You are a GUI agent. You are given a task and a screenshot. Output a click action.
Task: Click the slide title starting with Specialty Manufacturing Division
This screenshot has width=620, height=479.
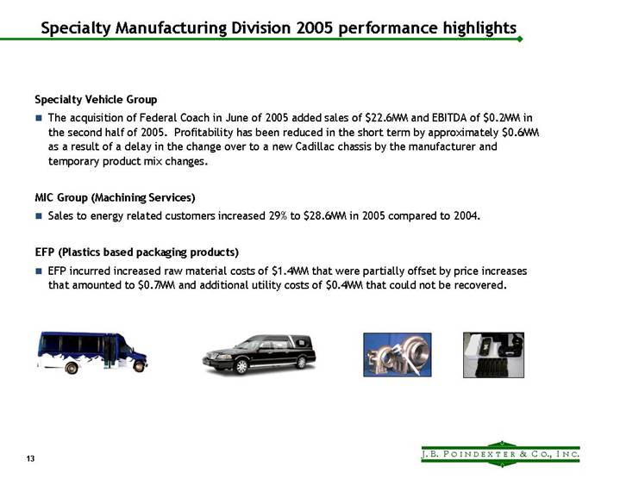pyautogui.click(x=279, y=28)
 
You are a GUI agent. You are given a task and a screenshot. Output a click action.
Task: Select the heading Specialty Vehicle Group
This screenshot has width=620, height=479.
pyautogui.click(x=96, y=100)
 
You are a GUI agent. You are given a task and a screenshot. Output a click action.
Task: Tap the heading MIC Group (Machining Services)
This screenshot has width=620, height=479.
pyautogui.click(x=116, y=197)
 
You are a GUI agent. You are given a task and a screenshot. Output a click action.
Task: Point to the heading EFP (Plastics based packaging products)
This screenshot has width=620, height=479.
pyautogui.click(x=136, y=252)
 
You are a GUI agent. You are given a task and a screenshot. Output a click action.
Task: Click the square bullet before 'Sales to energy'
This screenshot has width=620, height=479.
pyautogui.click(x=39, y=216)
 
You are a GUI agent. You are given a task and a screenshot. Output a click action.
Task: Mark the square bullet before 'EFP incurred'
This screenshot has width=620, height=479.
pyautogui.click(x=39, y=271)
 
